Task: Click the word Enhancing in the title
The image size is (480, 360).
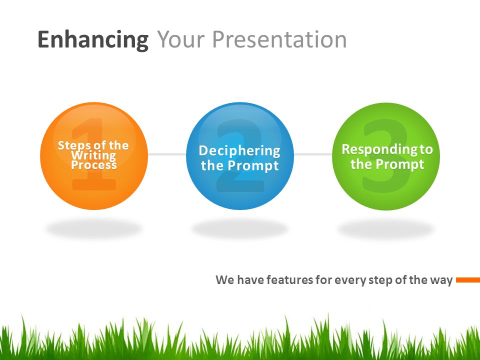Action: [x=93, y=40]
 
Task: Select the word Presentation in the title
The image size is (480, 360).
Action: [x=279, y=39]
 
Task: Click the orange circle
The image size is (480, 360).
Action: [x=94, y=156]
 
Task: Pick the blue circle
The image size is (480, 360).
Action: [x=240, y=156]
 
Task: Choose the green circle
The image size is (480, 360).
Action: [x=386, y=156]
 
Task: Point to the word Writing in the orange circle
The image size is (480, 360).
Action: [x=93, y=155]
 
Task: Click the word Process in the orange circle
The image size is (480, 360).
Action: [x=93, y=165]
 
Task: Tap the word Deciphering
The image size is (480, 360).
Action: [x=239, y=151]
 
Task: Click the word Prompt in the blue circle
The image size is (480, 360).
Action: [x=253, y=166]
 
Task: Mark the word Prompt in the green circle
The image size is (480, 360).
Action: [x=399, y=164]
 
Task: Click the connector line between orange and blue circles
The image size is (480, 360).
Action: [x=167, y=154]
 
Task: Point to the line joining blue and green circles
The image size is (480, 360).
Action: [x=313, y=154]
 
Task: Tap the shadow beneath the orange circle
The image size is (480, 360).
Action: [x=94, y=228]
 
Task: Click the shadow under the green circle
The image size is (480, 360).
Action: [x=386, y=229]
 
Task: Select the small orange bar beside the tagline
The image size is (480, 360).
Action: [x=468, y=280]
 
